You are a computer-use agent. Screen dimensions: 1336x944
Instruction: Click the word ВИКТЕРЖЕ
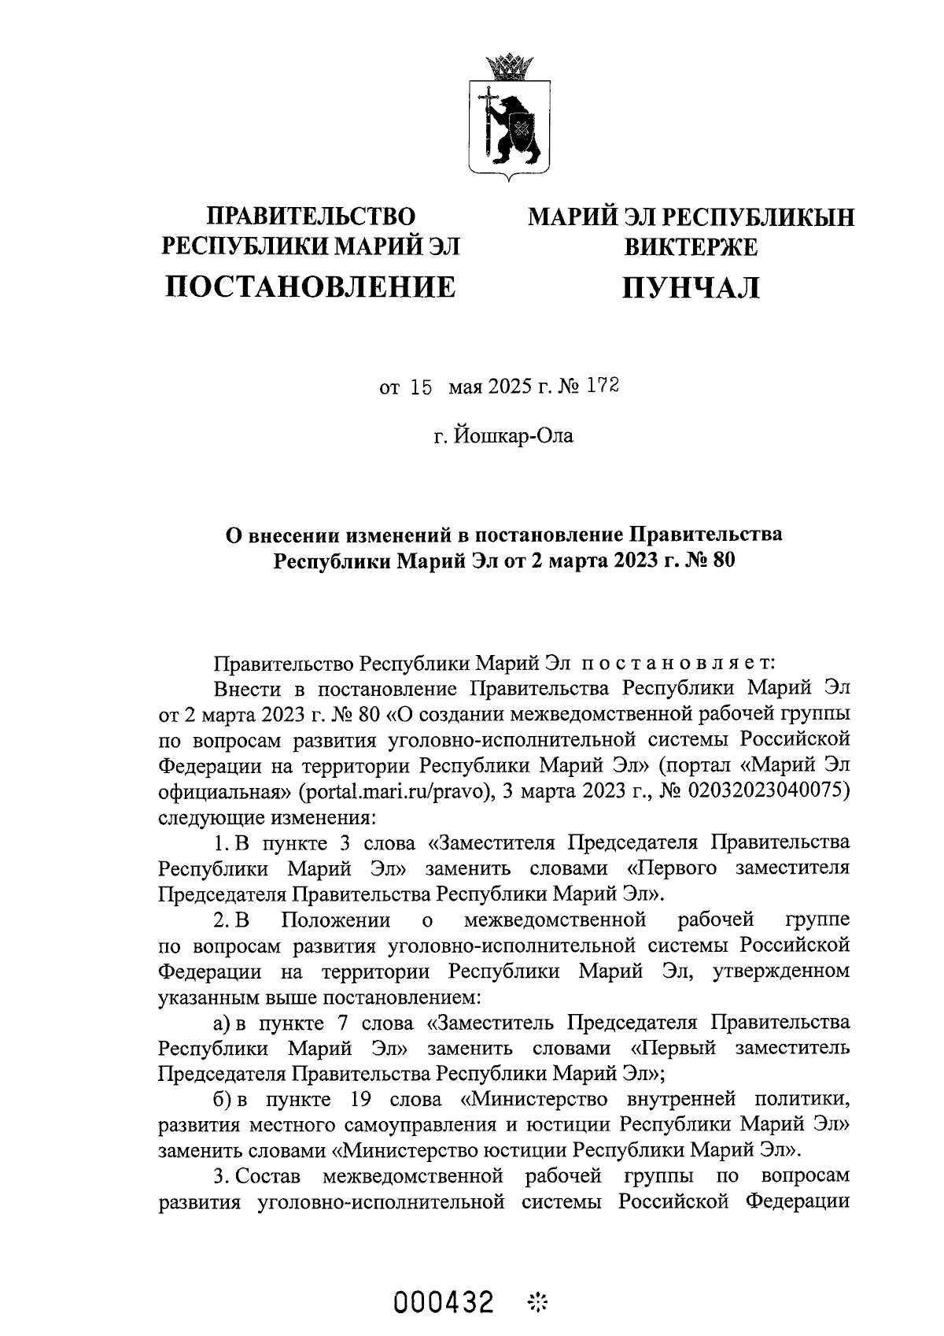click(x=691, y=248)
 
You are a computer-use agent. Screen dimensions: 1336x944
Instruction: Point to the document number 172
click(x=603, y=387)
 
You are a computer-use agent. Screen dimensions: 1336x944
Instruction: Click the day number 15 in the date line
click(x=421, y=387)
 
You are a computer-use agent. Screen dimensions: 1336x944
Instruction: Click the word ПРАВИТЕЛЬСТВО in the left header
click(x=310, y=216)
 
